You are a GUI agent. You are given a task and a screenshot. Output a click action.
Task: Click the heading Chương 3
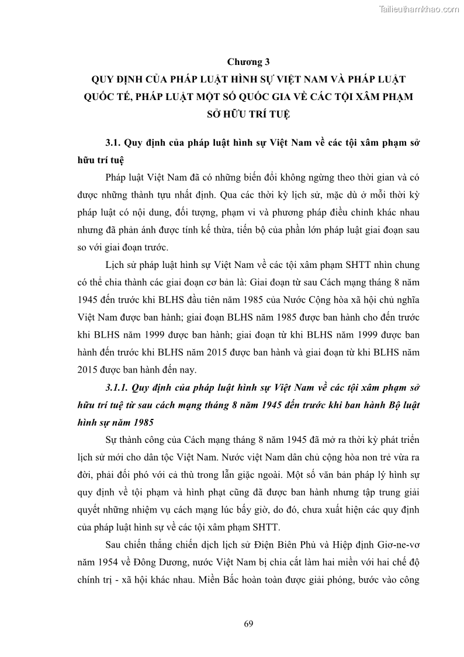(247, 60)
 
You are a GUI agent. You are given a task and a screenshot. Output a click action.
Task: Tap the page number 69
(248, 623)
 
